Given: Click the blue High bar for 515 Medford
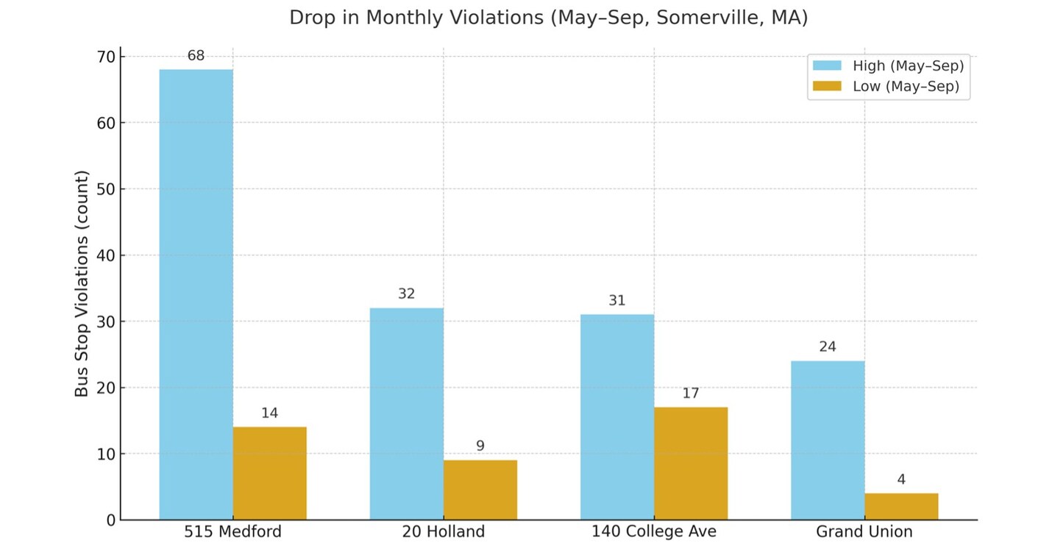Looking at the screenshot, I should (x=196, y=294).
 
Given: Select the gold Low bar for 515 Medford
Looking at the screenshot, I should (x=269, y=473).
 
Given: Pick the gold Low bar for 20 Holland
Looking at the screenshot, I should (x=480, y=490).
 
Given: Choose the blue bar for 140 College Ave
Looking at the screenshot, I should (x=616, y=416).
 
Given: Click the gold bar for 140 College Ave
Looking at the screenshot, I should (x=690, y=463).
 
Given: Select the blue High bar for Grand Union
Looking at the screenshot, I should (x=827, y=440).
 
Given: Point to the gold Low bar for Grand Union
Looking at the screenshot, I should (x=900, y=506).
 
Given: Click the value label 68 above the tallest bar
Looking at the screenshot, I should (x=196, y=55).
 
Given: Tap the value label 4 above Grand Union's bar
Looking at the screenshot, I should (x=900, y=480).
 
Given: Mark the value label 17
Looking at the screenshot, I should (x=690, y=394).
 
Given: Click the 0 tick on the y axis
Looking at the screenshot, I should (x=111, y=520).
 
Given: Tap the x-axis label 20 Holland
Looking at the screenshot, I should (x=443, y=531).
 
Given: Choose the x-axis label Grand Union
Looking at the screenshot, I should (x=864, y=531).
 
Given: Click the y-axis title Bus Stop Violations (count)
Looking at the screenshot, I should (x=82, y=284).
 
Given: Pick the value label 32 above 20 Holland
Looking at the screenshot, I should (x=406, y=294).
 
